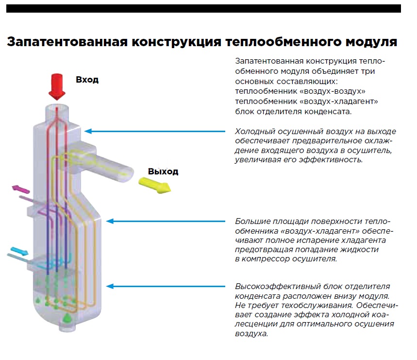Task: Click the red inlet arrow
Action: point(57,86)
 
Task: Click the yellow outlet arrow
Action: point(155,185)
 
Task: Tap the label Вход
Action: point(87,80)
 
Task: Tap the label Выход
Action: point(163,171)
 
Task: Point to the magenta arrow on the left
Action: point(21,189)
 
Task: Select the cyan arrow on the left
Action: point(19,251)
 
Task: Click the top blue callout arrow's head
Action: point(88,131)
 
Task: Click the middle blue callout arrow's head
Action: point(110,221)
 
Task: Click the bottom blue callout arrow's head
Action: point(110,286)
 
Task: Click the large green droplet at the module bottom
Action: point(67,318)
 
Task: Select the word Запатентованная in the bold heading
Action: point(67,42)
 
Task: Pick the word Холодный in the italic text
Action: point(255,132)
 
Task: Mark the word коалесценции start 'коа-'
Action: point(381,315)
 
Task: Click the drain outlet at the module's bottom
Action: point(67,327)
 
